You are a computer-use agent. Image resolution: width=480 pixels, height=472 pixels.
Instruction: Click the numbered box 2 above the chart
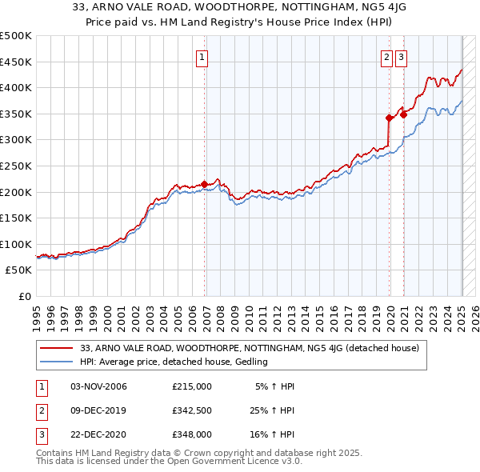[x=386, y=57]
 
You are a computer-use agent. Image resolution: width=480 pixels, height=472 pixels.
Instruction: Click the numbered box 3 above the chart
[x=400, y=57]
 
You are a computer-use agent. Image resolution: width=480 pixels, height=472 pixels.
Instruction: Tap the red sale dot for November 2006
[x=205, y=183]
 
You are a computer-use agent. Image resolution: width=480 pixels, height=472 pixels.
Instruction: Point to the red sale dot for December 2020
[x=404, y=114]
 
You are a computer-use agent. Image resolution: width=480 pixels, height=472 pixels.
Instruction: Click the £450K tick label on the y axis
[x=16, y=62]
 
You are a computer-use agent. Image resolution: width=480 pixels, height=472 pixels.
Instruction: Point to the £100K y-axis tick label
[x=16, y=244]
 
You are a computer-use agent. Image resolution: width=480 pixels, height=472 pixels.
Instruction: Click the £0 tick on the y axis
[x=24, y=296]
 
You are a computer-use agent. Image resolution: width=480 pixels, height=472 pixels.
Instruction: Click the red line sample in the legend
[x=58, y=348]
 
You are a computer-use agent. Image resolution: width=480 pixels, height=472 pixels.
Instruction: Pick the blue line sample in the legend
[x=58, y=362]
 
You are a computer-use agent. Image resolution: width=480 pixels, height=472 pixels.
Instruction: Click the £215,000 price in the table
[x=192, y=386]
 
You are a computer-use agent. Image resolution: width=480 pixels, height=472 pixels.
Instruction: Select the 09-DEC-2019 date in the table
[x=98, y=410]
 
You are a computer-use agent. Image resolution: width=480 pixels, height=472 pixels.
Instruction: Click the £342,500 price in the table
[x=192, y=410]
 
